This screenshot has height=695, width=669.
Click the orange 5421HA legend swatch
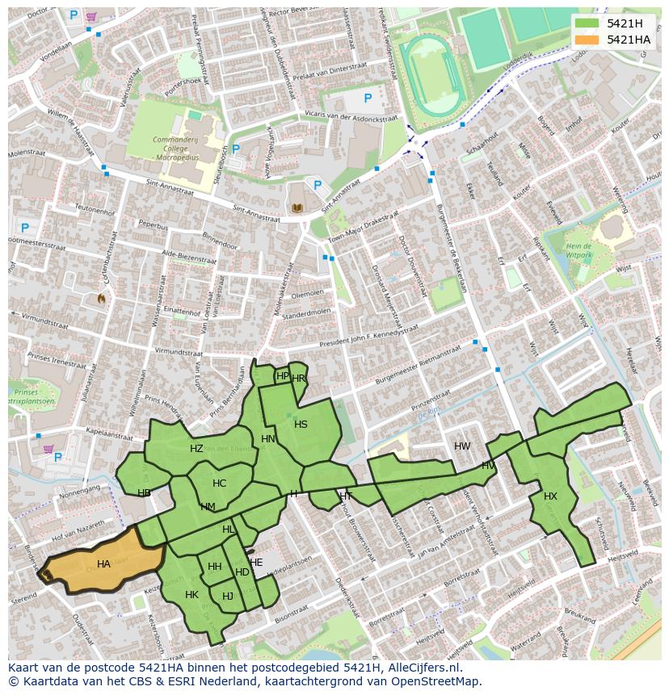click(x=587, y=40)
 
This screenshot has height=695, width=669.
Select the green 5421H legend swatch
click(x=587, y=23)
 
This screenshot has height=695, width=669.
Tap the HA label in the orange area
click(x=103, y=564)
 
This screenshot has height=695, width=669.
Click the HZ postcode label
click(x=196, y=449)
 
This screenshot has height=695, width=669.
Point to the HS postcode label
click(x=301, y=425)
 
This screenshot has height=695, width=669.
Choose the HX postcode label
click(x=550, y=496)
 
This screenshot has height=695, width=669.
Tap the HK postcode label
click(x=191, y=595)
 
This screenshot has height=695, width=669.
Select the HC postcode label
click(x=219, y=484)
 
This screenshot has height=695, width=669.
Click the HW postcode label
click(x=462, y=446)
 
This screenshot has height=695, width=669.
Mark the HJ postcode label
click(x=227, y=597)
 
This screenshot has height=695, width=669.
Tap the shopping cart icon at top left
click(x=91, y=16)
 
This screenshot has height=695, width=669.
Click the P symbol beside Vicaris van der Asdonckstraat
click(x=368, y=98)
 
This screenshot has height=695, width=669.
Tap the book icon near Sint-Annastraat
click(x=297, y=207)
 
